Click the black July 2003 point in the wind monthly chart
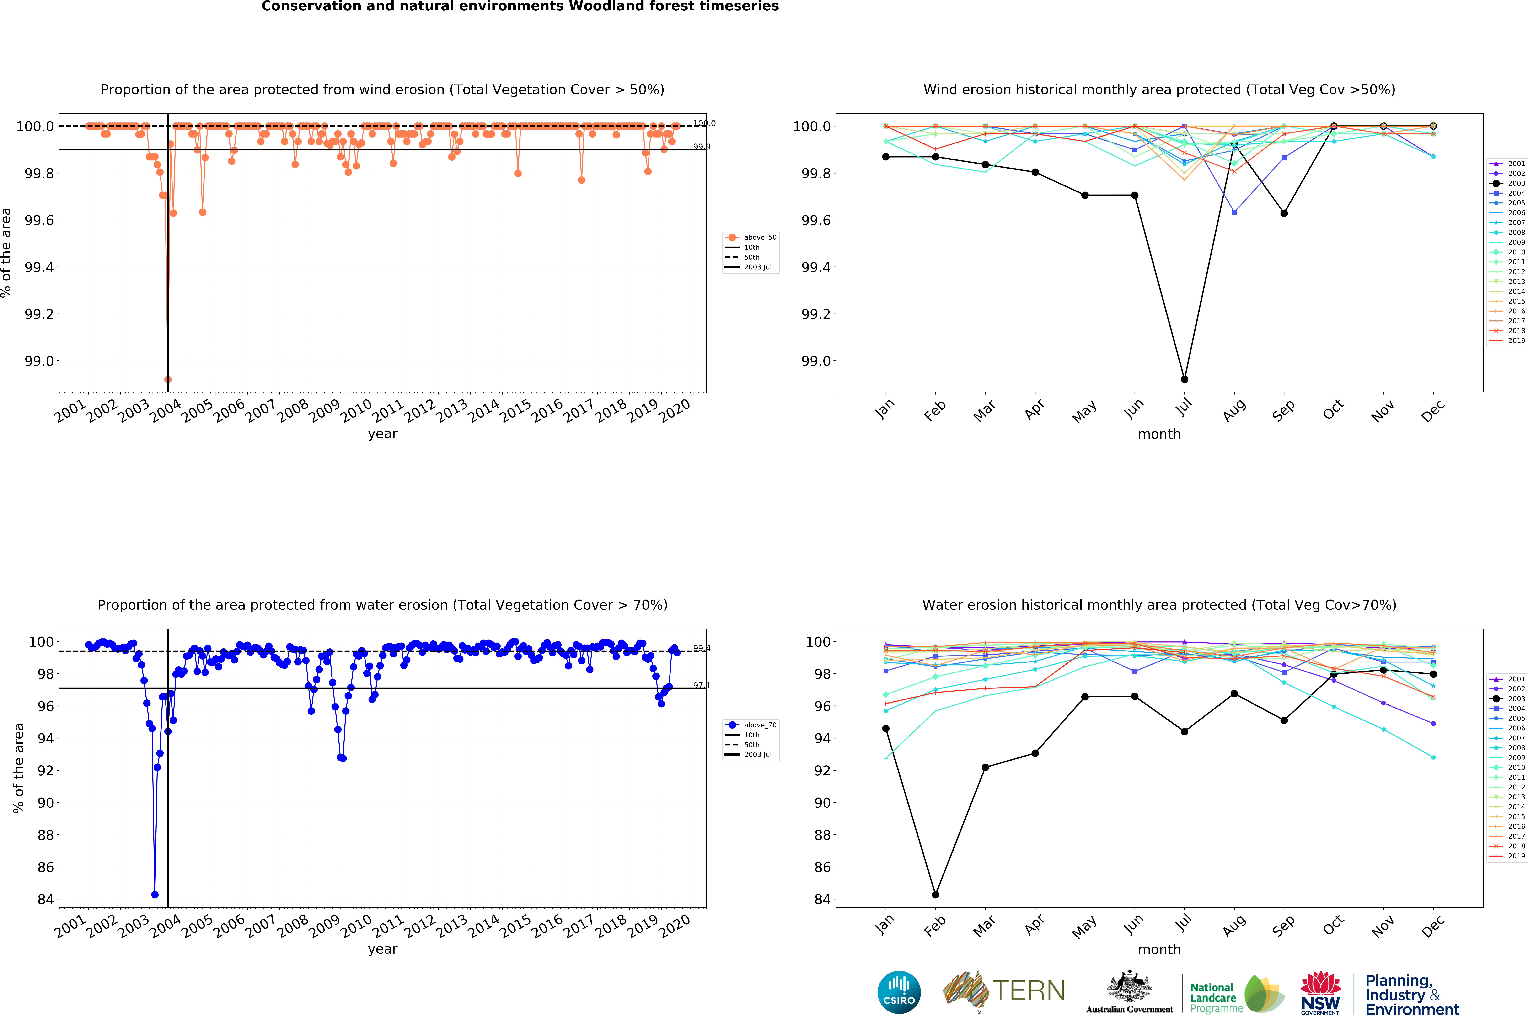tap(1184, 379)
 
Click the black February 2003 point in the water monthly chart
tap(935, 895)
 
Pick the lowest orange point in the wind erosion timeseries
tap(168, 379)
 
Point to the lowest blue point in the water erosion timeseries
tap(155, 895)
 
